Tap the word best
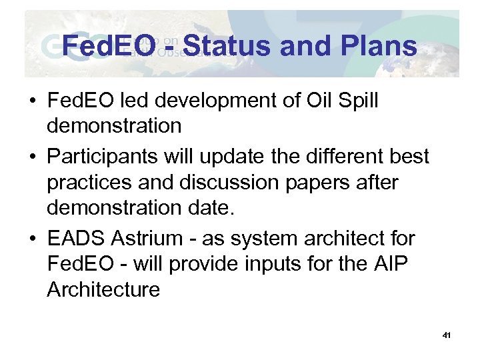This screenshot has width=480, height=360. point(407,156)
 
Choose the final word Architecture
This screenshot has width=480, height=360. point(103,289)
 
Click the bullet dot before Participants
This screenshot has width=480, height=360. point(31,157)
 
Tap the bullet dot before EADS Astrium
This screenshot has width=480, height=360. point(31,239)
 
